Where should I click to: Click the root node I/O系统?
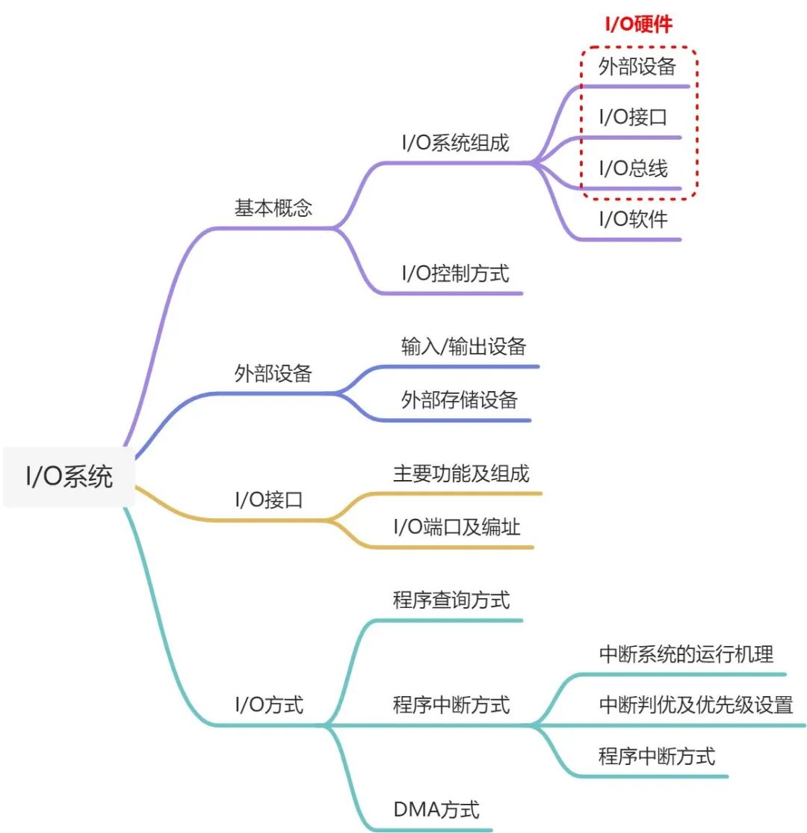click(x=69, y=477)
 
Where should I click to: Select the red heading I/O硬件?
click(x=638, y=24)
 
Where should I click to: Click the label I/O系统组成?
click(x=455, y=143)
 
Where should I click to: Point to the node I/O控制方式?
click(x=455, y=273)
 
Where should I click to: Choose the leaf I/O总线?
click(x=633, y=169)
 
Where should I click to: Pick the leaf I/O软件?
click(x=633, y=220)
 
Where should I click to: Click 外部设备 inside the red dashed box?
click(x=637, y=67)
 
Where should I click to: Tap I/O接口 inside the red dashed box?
click(x=633, y=117)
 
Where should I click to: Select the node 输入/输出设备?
click(x=463, y=346)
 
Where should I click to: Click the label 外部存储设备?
click(x=459, y=399)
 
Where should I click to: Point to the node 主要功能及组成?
click(x=461, y=473)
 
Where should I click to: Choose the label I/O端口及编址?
click(x=457, y=526)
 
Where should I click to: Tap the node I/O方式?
click(x=269, y=704)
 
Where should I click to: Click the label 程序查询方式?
click(x=451, y=600)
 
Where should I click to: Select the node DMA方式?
click(x=436, y=810)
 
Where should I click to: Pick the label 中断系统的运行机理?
click(x=686, y=654)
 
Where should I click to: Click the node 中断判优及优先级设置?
click(x=696, y=704)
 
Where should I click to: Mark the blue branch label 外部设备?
click(x=273, y=374)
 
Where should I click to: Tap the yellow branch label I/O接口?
click(x=269, y=500)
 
